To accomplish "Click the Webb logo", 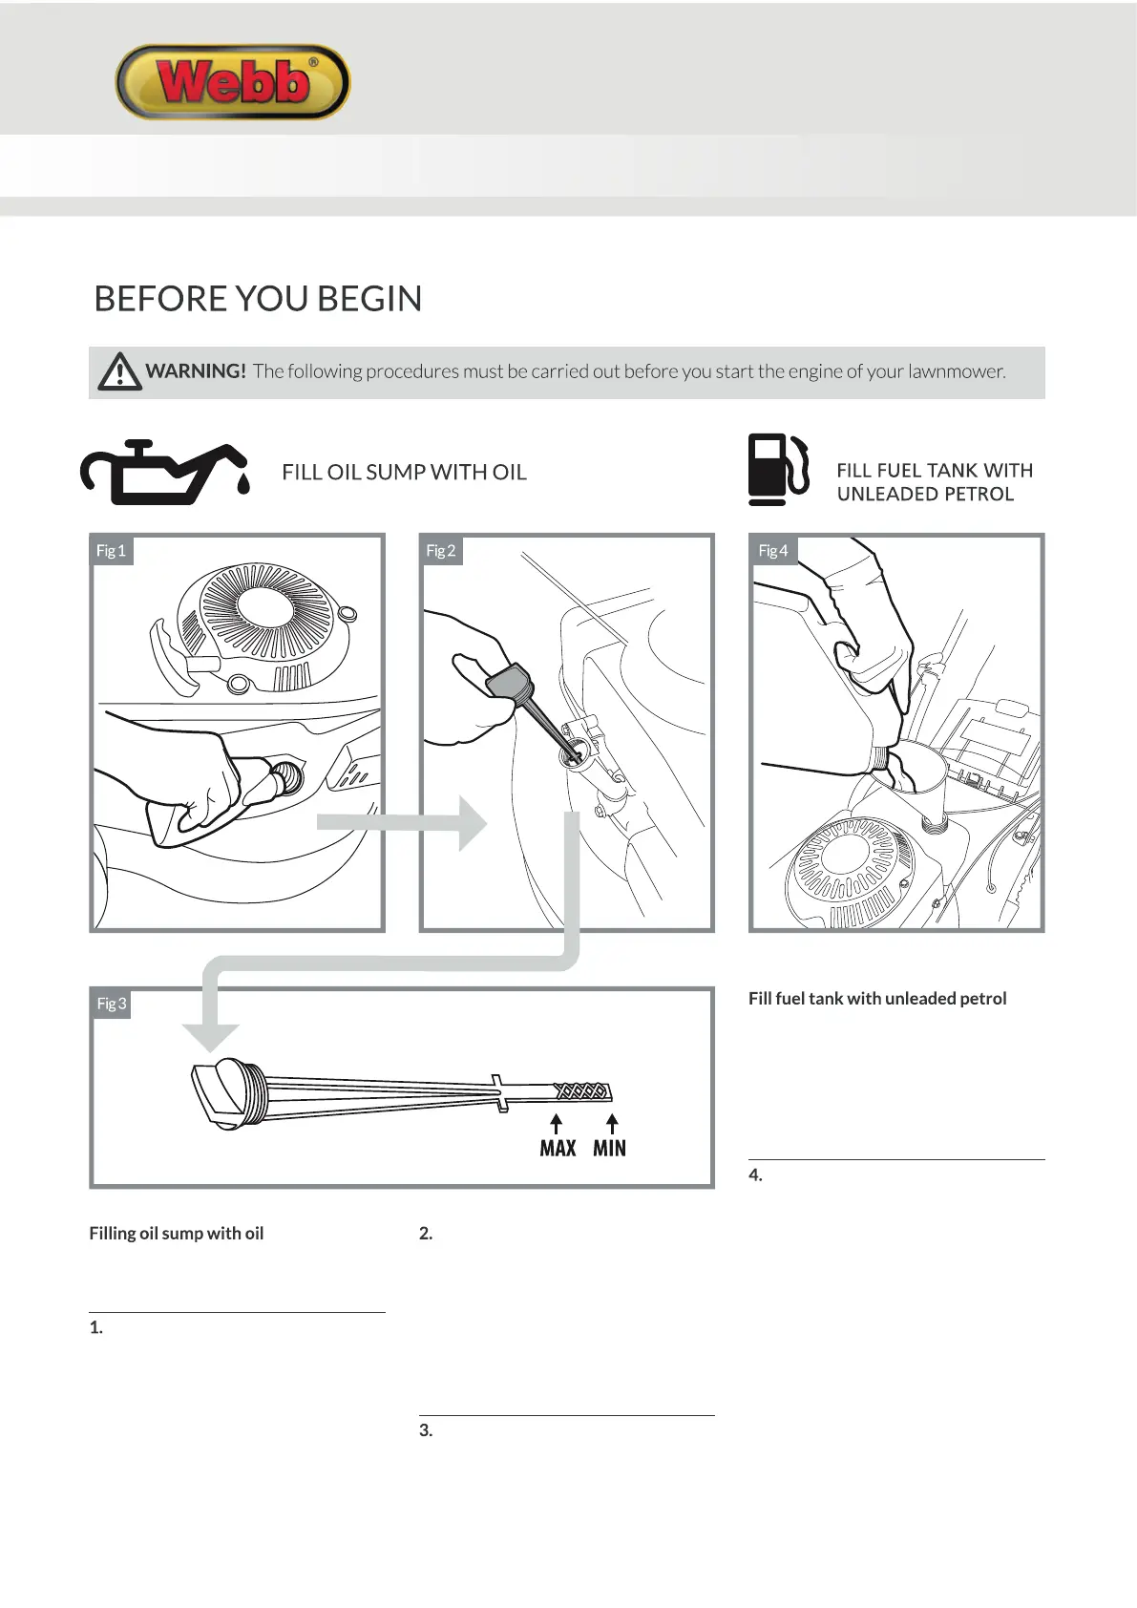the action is point(233,82).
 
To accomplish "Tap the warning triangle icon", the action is point(119,371).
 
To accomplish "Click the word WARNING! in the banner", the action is point(196,371).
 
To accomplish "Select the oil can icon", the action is point(165,472).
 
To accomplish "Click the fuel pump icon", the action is point(777,469).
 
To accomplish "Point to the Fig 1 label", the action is point(111,551).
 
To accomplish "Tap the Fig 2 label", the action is point(440,551).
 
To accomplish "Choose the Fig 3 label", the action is point(111,1004).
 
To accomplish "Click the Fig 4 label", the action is point(772,551).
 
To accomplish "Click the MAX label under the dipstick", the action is point(558,1148).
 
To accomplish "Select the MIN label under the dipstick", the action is point(609,1148).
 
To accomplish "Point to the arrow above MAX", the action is point(557,1123).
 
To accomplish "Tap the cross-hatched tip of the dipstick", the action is point(582,1091).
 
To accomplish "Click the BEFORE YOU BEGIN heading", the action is point(258,299).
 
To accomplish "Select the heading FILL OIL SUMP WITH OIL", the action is point(404,473).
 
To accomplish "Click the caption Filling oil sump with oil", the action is point(177,1234).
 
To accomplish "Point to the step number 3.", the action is point(426,1430).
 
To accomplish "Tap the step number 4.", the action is point(755,1175).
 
